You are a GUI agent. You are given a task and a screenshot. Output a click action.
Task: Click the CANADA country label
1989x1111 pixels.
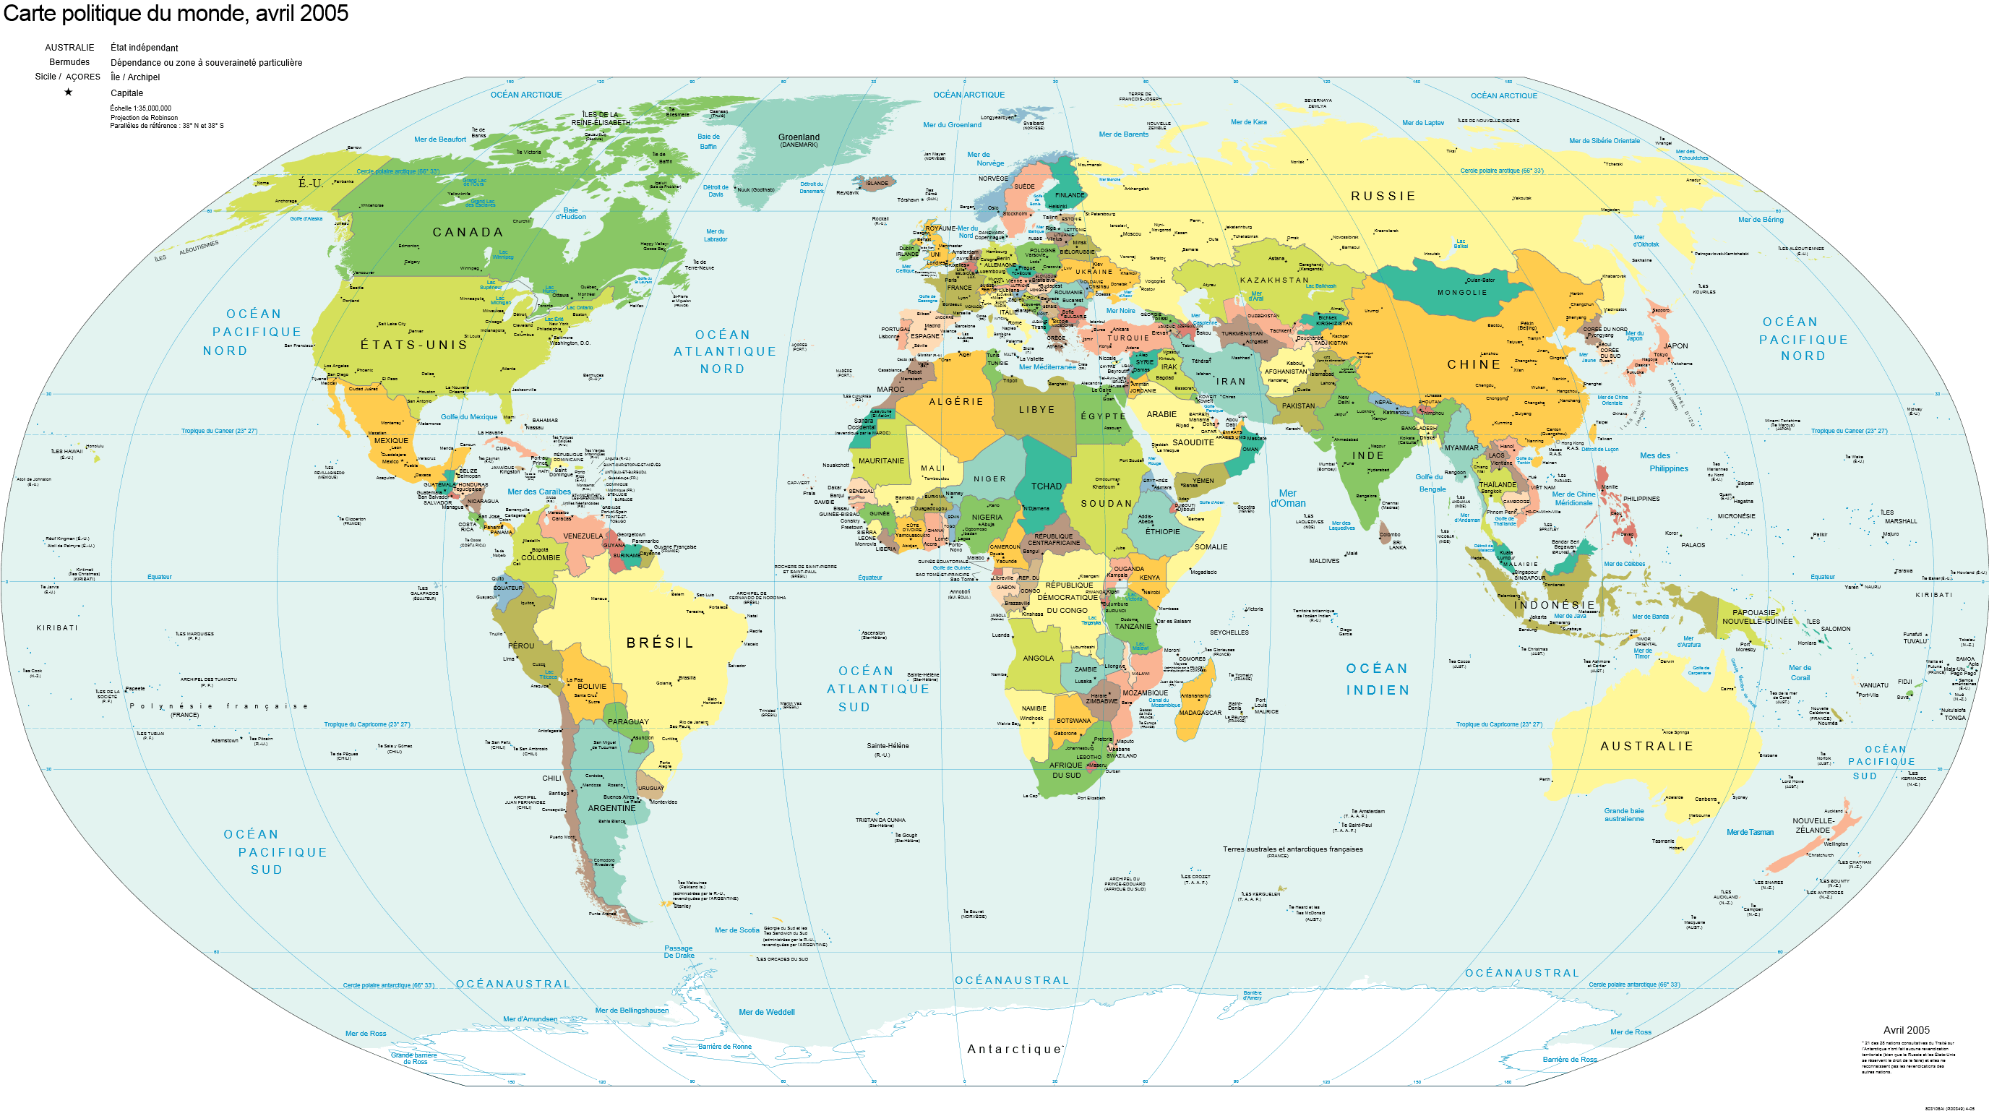click(467, 232)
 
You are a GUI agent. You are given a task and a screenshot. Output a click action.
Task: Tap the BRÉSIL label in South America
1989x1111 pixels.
click(659, 643)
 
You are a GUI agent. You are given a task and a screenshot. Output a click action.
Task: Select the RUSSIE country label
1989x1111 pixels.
click(1383, 197)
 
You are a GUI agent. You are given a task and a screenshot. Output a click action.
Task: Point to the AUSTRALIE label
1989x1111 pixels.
click(1646, 747)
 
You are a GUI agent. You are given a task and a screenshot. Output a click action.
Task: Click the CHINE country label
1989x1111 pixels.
click(1473, 364)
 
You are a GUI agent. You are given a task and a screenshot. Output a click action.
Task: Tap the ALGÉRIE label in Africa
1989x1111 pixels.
click(956, 401)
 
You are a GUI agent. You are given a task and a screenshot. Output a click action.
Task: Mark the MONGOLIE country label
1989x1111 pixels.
click(1461, 293)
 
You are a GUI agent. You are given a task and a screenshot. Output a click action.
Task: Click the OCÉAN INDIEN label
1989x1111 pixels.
click(1378, 679)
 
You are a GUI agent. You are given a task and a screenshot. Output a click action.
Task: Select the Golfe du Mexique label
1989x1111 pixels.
click(468, 417)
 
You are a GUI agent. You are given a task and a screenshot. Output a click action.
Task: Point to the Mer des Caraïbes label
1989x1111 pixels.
click(539, 492)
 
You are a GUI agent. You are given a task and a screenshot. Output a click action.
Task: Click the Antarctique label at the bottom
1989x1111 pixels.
click(1015, 1050)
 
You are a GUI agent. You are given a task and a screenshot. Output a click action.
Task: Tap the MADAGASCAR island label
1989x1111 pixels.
click(1199, 713)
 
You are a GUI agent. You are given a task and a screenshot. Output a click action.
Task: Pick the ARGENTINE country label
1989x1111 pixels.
click(611, 808)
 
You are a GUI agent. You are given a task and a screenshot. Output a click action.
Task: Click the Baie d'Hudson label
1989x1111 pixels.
click(570, 214)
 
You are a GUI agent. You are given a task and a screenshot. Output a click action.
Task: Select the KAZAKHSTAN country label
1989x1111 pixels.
click(1274, 280)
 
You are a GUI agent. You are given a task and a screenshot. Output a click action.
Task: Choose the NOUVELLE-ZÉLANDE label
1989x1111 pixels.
click(1812, 825)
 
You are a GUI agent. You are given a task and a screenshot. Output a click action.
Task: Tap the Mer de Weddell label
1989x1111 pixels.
click(766, 1012)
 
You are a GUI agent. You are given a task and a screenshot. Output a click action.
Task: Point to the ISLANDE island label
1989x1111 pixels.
click(877, 184)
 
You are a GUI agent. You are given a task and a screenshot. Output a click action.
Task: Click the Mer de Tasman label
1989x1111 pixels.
click(1750, 832)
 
